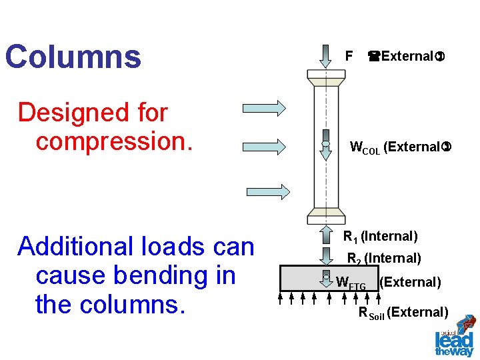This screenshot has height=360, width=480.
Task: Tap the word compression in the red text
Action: (x=114, y=141)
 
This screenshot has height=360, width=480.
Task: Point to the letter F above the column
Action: (x=348, y=56)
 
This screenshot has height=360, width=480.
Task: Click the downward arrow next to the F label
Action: (x=326, y=55)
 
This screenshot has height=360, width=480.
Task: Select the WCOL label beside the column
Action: (x=365, y=148)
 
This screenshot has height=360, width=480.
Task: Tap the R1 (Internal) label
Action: (x=380, y=237)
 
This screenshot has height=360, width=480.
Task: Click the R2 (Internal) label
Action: (x=383, y=258)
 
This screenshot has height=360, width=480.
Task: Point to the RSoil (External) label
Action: (x=403, y=312)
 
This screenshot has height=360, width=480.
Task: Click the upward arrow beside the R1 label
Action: (x=326, y=235)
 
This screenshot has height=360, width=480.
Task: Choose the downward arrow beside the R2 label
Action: (x=326, y=256)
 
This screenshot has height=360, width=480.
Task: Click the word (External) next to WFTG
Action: (x=410, y=282)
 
